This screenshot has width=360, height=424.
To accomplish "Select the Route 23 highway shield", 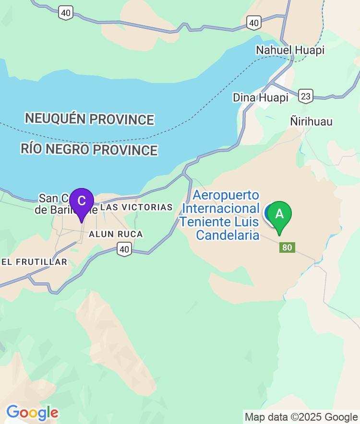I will [305, 96].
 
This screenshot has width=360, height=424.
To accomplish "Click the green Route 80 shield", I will [287, 247].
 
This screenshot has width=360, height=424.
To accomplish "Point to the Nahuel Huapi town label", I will [290, 50].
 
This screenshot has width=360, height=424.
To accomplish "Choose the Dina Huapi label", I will [261, 97].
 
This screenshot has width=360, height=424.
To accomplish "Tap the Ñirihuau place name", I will [311, 121].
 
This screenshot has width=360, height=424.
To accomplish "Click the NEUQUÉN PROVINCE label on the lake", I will [90, 118].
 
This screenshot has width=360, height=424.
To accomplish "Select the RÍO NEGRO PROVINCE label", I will [89, 149].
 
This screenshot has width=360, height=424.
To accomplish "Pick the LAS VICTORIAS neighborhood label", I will [137, 207].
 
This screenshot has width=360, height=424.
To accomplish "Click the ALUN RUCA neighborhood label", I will [116, 234].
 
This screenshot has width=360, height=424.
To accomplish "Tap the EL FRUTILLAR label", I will [35, 262].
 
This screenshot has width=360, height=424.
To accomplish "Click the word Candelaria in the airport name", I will [228, 235].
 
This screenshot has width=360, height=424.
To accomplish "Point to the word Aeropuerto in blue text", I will [226, 195].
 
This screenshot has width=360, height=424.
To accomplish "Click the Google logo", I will [32, 412].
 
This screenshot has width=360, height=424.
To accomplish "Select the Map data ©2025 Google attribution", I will [301, 417].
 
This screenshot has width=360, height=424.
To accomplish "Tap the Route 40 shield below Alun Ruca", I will [124, 248].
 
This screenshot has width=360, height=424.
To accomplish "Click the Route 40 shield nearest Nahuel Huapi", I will [254, 22].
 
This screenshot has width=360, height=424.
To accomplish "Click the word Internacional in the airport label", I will [221, 209].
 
